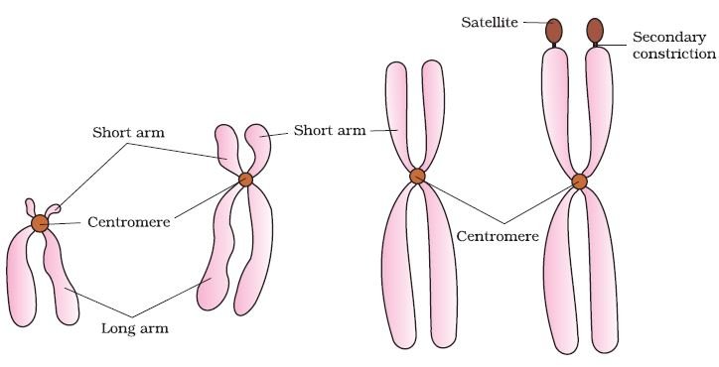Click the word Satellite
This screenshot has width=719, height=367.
[490, 22]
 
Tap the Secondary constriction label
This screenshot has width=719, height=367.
[674, 46]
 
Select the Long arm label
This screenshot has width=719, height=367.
[135, 328]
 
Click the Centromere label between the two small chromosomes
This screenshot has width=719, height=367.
[129, 222]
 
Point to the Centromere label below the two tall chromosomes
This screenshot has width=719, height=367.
[498, 236]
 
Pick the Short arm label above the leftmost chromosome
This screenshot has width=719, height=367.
[128, 132]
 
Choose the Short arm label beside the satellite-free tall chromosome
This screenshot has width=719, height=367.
[330, 130]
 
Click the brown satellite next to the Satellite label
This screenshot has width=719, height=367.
[554, 31]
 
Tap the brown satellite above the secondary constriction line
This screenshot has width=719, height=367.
[595, 30]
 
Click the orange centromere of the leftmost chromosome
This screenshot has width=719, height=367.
[40, 223]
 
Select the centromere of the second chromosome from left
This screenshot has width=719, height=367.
[245, 180]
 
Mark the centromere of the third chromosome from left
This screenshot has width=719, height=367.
[417, 176]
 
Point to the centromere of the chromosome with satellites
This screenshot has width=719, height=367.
[580, 182]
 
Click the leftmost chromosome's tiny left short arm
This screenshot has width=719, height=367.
[30, 207]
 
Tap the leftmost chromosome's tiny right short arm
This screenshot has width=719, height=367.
[53, 210]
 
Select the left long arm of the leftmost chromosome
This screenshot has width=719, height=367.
[21, 280]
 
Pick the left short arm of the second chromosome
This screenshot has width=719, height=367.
[227, 149]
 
